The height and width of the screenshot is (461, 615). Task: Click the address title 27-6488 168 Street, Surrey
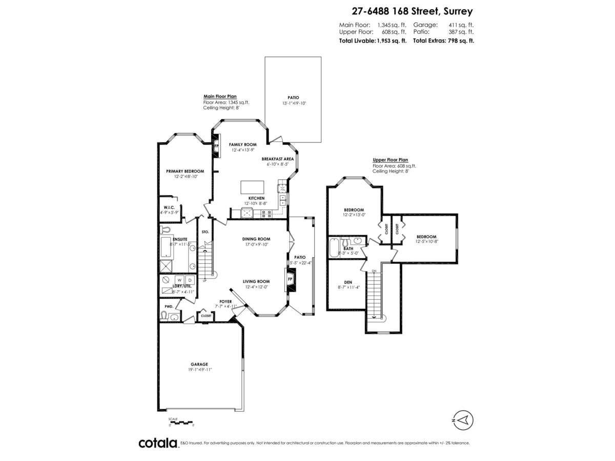pos(412,10)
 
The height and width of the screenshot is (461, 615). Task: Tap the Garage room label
pos(199,364)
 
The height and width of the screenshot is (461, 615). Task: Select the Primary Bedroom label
pos(185,171)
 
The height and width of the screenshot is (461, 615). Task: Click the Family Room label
pos(242,145)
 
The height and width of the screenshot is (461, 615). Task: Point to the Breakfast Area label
pos(277,159)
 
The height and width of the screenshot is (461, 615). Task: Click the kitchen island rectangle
pos(253,186)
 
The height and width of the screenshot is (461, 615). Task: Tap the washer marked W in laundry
pos(179,280)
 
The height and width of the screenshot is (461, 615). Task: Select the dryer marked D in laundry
pos(190,280)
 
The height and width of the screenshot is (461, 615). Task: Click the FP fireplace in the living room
pos(290,279)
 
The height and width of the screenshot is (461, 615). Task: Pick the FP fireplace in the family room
pos(216,146)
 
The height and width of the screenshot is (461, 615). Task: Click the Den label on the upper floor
pos(348,282)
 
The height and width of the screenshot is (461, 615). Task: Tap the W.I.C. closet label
pos(169,207)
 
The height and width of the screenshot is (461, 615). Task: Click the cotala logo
pos(158,443)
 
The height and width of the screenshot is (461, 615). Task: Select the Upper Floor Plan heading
pos(390,160)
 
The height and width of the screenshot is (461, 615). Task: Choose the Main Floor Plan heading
pos(220,96)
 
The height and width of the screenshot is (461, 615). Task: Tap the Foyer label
pos(226,302)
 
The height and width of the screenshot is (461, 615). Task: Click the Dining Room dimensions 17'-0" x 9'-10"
pos(256,244)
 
